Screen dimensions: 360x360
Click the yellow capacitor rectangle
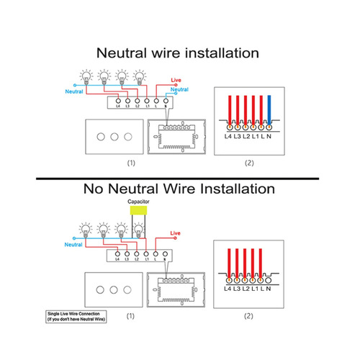pyautogui.click(x=138, y=215)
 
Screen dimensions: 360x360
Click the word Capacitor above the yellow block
pyautogui.click(x=138, y=203)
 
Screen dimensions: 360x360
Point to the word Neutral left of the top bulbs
pyautogui.click(x=74, y=92)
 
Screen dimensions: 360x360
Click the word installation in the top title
pyautogui.click(x=217, y=53)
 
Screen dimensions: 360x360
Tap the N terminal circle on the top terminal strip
pyautogui.click(x=166, y=102)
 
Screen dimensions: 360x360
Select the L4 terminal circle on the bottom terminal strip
pyautogui.click(x=116, y=253)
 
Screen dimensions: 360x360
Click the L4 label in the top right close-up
pyautogui.click(x=230, y=136)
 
